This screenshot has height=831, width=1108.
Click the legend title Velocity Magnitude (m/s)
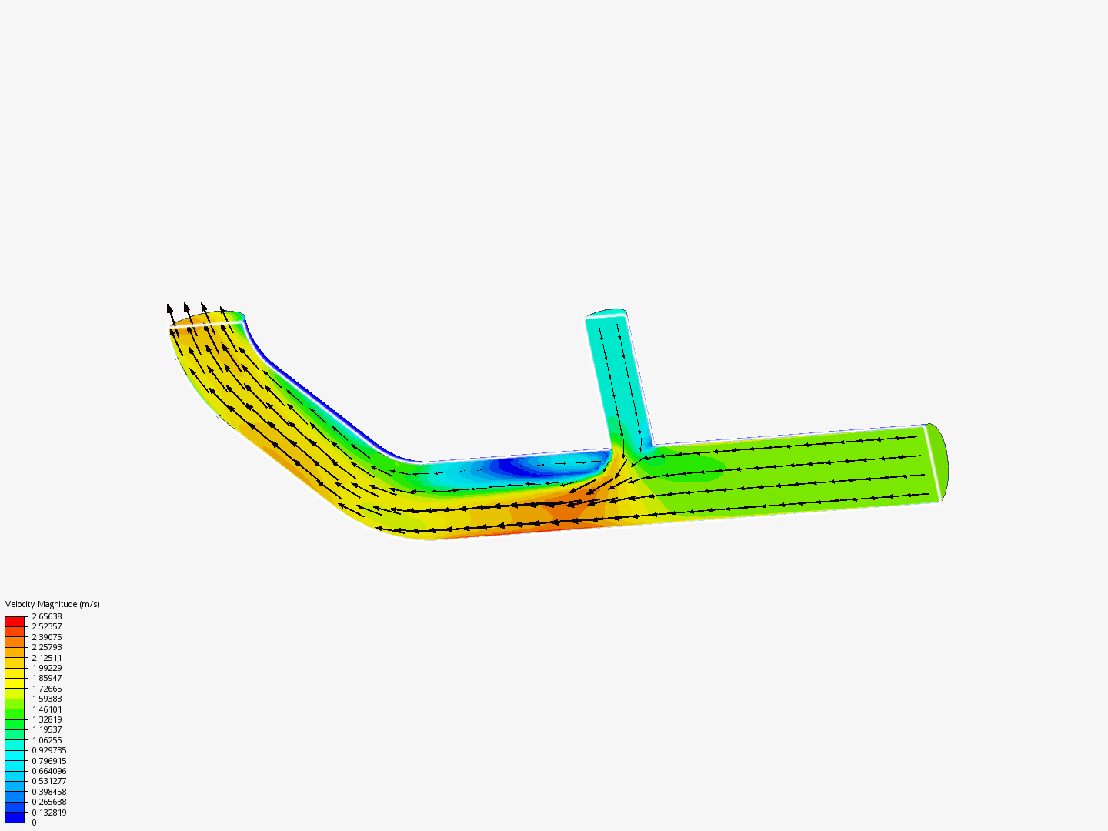click(x=52, y=604)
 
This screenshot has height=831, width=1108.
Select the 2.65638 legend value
click(x=47, y=616)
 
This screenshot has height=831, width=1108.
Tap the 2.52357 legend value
click(x=47, y=626)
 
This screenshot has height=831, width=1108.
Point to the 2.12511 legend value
click(x=47, y=658)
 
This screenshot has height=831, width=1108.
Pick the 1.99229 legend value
click(x=47, y=668)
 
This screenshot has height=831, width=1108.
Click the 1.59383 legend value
click(x=47, y=699)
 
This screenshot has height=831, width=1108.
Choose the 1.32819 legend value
click(x=47, y=719)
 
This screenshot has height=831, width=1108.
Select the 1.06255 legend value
click(x=47, y=740)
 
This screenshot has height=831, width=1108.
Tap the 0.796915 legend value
click(x=49, y=761)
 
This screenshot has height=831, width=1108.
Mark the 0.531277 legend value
click(x=49, y=781)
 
